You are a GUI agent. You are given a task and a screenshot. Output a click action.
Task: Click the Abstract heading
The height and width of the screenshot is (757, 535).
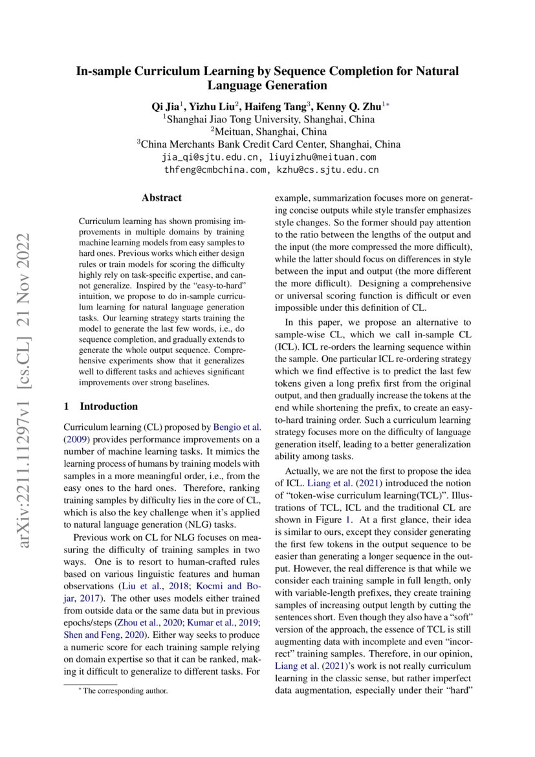(162, 198)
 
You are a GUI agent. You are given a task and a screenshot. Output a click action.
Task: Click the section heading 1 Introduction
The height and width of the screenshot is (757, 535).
(101, 407)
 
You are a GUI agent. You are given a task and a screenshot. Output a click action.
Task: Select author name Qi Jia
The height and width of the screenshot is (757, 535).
(165, 106)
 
